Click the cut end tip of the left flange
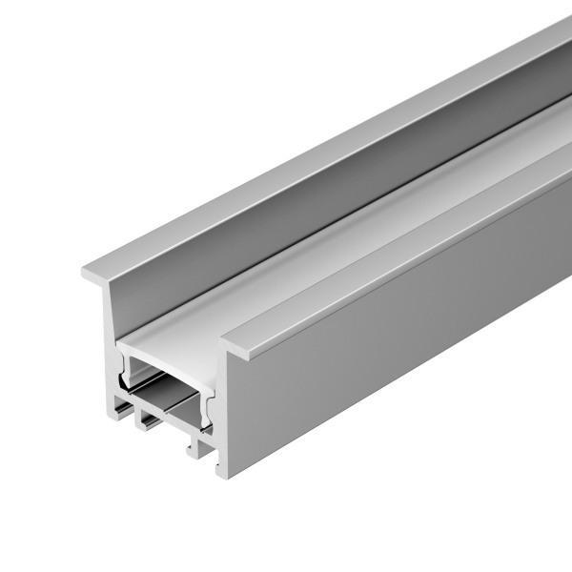pos(87,273)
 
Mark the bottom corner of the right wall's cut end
pos(223,473)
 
